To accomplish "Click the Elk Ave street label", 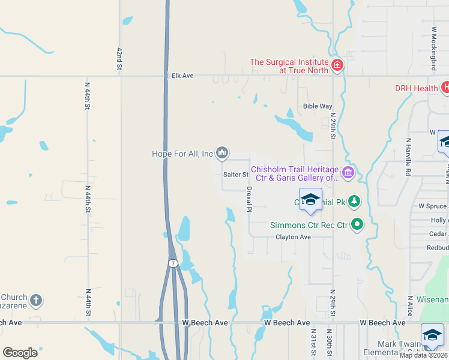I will tap(182, 76).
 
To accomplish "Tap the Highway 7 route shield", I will tap(172, 263).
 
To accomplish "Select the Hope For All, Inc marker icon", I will tap(222, 154).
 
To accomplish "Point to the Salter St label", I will tap(236, 175).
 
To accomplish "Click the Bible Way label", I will tap(318, 106).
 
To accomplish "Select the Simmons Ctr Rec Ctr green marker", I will tap(358, 226).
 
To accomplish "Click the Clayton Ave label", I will tap(293, 237).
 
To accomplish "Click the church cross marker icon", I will tap(36, 300).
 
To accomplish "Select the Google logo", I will tap(20, 352).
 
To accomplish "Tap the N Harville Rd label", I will tap(408, 157).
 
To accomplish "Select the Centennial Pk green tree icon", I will tap(355, 200).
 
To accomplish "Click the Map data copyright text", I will tap(424, 355).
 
